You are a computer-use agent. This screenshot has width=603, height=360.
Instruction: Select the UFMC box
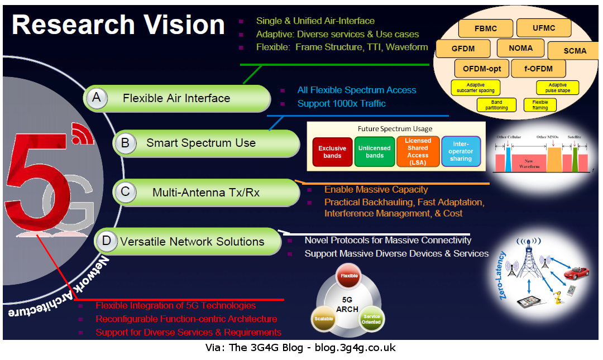[x=543, y=27]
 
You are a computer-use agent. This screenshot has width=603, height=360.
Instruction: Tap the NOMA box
[x=520, y=49]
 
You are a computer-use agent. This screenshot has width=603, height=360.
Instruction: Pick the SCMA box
[x=575, y=51]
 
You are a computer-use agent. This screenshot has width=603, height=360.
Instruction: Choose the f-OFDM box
[x=538, y=69]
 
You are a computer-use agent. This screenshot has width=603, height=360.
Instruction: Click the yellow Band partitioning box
[x=496, y=105]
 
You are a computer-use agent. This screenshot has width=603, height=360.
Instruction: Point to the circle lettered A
[x=97, y=98]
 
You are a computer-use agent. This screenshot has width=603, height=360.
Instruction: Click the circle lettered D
[x=107, y=241]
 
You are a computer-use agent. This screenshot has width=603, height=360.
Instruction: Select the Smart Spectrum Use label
[x=200, y=143]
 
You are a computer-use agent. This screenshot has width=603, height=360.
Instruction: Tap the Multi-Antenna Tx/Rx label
[x=206, y=193]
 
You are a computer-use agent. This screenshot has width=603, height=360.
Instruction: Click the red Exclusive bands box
[x=332, y=152]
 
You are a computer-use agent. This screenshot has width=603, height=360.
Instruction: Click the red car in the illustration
[x=575, y=274]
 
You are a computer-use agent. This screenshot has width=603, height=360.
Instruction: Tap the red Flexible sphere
[x=350, y=276]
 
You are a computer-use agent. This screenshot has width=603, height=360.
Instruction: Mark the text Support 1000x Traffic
[x=341, y=103]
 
